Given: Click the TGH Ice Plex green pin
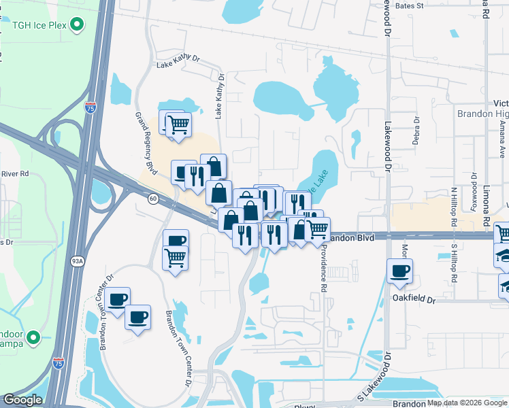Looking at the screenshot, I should tap(78, 26).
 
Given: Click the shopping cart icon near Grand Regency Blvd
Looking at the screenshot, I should tap(178, 124).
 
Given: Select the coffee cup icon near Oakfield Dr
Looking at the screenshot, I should tap(399, 270).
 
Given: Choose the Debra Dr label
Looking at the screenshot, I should tap(416, 130).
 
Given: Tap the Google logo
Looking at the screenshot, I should tap(22, 400).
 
